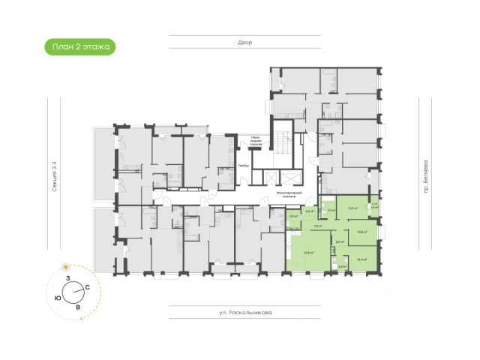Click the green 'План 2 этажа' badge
79,47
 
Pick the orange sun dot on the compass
66,267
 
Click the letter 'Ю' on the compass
58,297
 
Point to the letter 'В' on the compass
77,307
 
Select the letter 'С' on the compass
88,287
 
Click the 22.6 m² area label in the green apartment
308,252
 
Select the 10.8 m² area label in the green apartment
362,232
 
